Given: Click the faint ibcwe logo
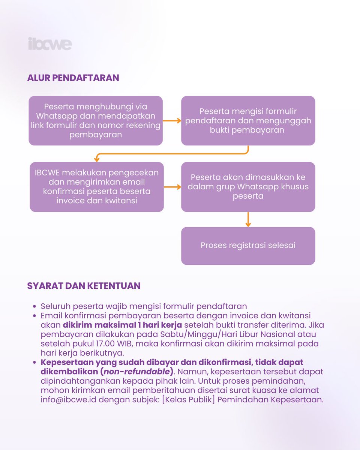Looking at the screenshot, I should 49,44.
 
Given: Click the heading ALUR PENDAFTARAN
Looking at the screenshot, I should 73,78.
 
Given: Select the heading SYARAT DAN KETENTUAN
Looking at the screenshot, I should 84,286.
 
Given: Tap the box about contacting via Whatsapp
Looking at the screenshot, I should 96,120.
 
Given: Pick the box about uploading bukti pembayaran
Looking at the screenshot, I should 248,120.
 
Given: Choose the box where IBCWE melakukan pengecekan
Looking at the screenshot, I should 96,187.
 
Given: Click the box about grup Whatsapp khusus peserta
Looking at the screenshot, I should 248,187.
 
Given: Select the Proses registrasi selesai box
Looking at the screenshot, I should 248,246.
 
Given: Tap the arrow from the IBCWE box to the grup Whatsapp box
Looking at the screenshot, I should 172,187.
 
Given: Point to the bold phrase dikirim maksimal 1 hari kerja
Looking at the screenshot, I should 122,325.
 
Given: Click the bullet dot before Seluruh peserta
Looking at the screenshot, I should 34,306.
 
